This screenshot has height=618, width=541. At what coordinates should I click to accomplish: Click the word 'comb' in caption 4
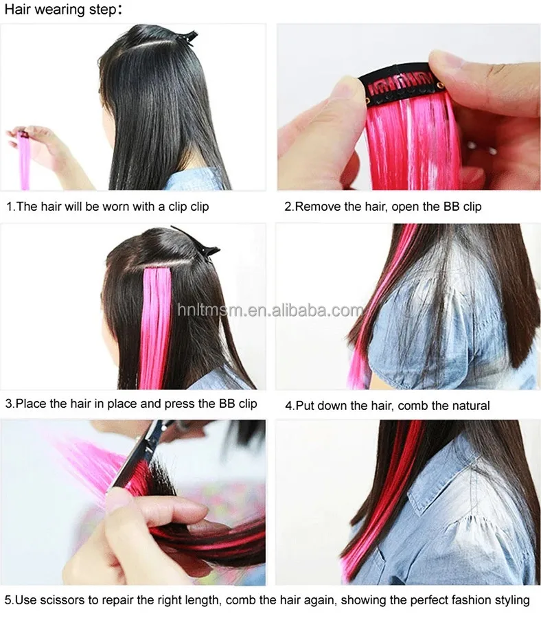point(411,405)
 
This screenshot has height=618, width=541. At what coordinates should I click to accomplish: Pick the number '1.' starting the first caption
point(11,206)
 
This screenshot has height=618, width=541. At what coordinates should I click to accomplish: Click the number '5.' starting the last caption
point(9,600)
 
